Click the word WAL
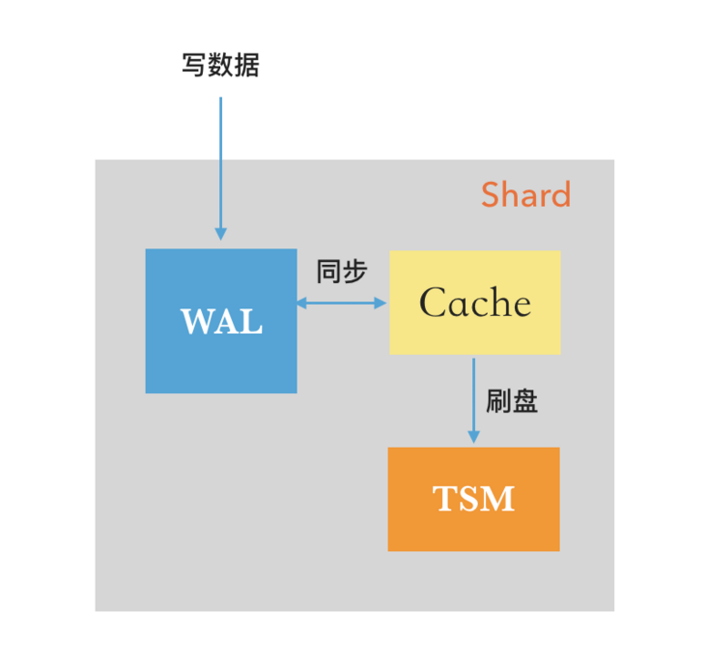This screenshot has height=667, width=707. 221,322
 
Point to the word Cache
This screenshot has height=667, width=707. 474,304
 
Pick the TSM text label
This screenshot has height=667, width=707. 473,499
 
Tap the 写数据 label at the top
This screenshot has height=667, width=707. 220,66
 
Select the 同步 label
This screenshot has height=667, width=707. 342,272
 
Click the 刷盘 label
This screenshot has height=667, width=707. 512,401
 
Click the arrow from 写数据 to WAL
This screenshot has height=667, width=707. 220,164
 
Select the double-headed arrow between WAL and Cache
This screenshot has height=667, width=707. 342,303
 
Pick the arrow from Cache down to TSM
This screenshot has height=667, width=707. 473,396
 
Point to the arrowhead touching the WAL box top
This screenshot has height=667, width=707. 220,234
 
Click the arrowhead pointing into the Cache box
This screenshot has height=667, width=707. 381,303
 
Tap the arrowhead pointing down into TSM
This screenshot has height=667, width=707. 473,439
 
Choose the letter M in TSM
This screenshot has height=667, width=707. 498,499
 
